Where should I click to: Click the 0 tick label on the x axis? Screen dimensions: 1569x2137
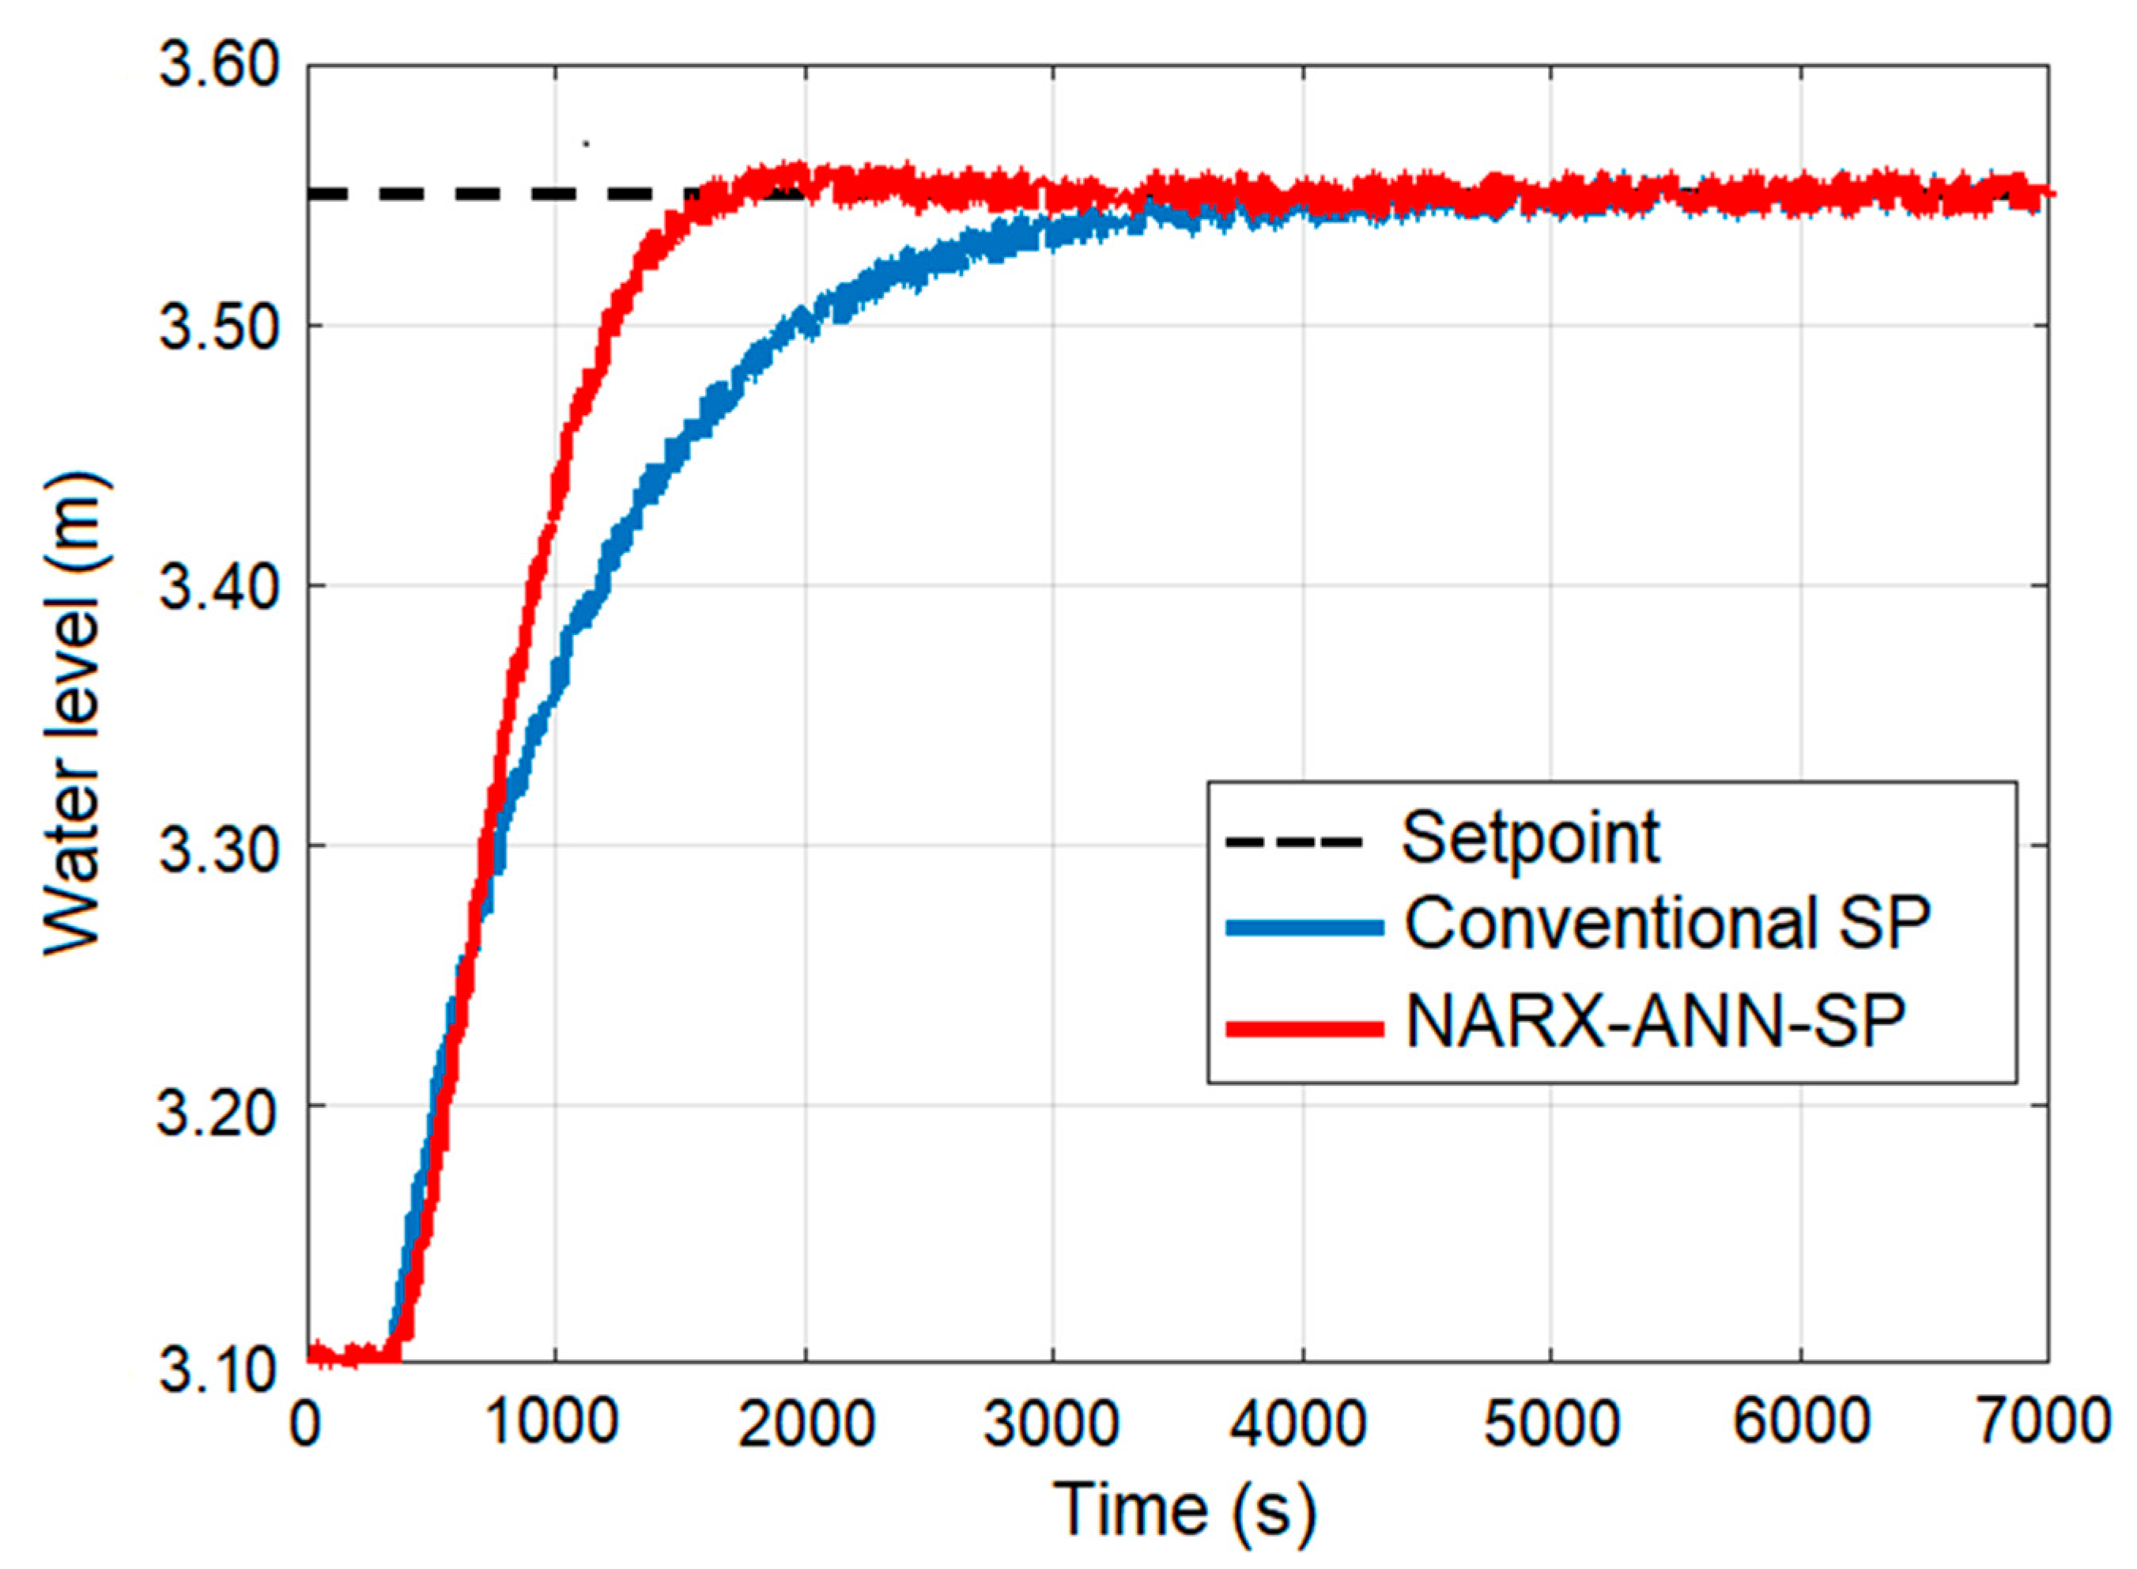click(x=306, y=1423)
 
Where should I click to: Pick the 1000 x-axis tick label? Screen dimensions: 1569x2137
click(x=554, y=1423)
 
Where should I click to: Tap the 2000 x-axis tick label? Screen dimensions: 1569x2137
click(x=805, y=1423)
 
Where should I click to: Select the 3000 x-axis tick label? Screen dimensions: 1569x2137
click(x=1053, y=1423)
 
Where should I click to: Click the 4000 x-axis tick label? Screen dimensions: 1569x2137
click(x=1301, y=1423)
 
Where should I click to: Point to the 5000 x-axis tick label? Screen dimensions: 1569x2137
click(x=1550, y=1423)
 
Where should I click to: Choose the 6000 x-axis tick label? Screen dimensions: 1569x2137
click(x=1800, y=1423)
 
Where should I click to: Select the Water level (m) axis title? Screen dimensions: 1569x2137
click(x=74, y=714)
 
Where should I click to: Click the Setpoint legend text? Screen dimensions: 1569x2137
click(x=1531, y=837)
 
